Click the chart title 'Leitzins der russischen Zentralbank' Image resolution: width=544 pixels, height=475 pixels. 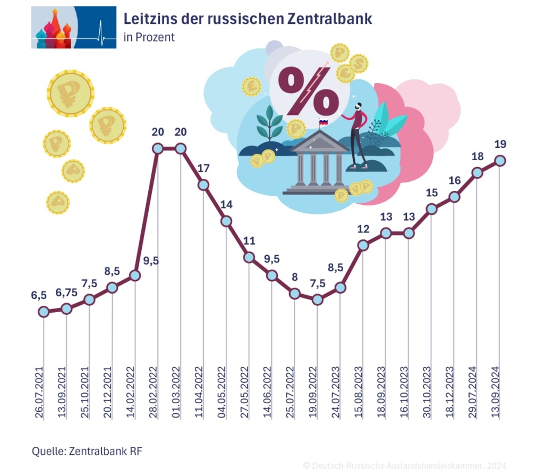(x=248, y=19)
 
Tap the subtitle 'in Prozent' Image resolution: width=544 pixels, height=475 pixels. (x=149, y=38)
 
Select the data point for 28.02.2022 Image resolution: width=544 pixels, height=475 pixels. (x=158, y=148)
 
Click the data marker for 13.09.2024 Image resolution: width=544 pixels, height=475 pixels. (x=500, y=161)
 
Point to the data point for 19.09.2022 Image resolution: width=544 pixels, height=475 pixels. (x=318, y=299)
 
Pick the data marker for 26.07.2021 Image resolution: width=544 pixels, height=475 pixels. (x=44, y=312)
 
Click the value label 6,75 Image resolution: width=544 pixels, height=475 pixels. (x=66, y=293)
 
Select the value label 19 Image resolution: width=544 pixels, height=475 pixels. (x=500, y=144)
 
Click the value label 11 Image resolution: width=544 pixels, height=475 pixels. (x=249, y=241)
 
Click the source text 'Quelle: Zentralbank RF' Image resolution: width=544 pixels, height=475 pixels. (x=87, y=451)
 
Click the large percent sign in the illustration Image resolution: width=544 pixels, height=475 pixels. (x=308, y=91)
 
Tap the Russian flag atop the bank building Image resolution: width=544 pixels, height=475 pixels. (x=322, y=123)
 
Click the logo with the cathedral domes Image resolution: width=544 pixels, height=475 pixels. (x=73, y=27)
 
